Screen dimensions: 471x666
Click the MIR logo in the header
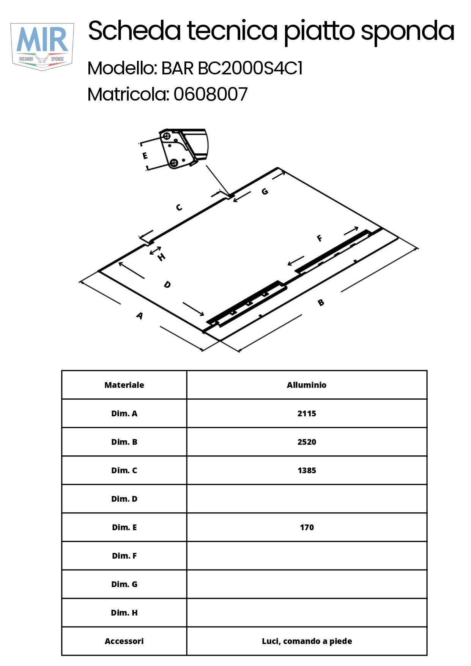click(42, 47)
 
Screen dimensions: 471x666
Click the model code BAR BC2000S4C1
click(232, 69)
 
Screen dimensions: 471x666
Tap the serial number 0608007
click(211, 94)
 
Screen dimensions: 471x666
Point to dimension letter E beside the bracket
click(145, 156)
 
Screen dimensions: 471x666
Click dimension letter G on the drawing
click(265, 191)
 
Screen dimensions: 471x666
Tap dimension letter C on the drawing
click(179, 207)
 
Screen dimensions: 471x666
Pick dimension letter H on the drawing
click(162, 257)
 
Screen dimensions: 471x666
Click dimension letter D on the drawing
click(167, 284)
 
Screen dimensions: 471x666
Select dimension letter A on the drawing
click(140, 315)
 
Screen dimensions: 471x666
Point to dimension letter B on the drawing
click(321, 302)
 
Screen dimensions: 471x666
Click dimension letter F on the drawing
click(320, 238)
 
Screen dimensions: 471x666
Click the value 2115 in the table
click(307, 414)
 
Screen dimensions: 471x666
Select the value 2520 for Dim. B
click(307, 442)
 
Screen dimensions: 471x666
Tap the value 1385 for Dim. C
click(307, 471)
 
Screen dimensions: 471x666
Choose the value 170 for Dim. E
click(307, 527)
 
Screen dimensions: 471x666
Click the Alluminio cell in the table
click(307, 385)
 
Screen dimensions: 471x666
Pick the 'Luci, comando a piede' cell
click(307, 641)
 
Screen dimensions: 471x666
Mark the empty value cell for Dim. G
click(307, 584)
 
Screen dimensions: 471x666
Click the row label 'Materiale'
click(124, 385)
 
